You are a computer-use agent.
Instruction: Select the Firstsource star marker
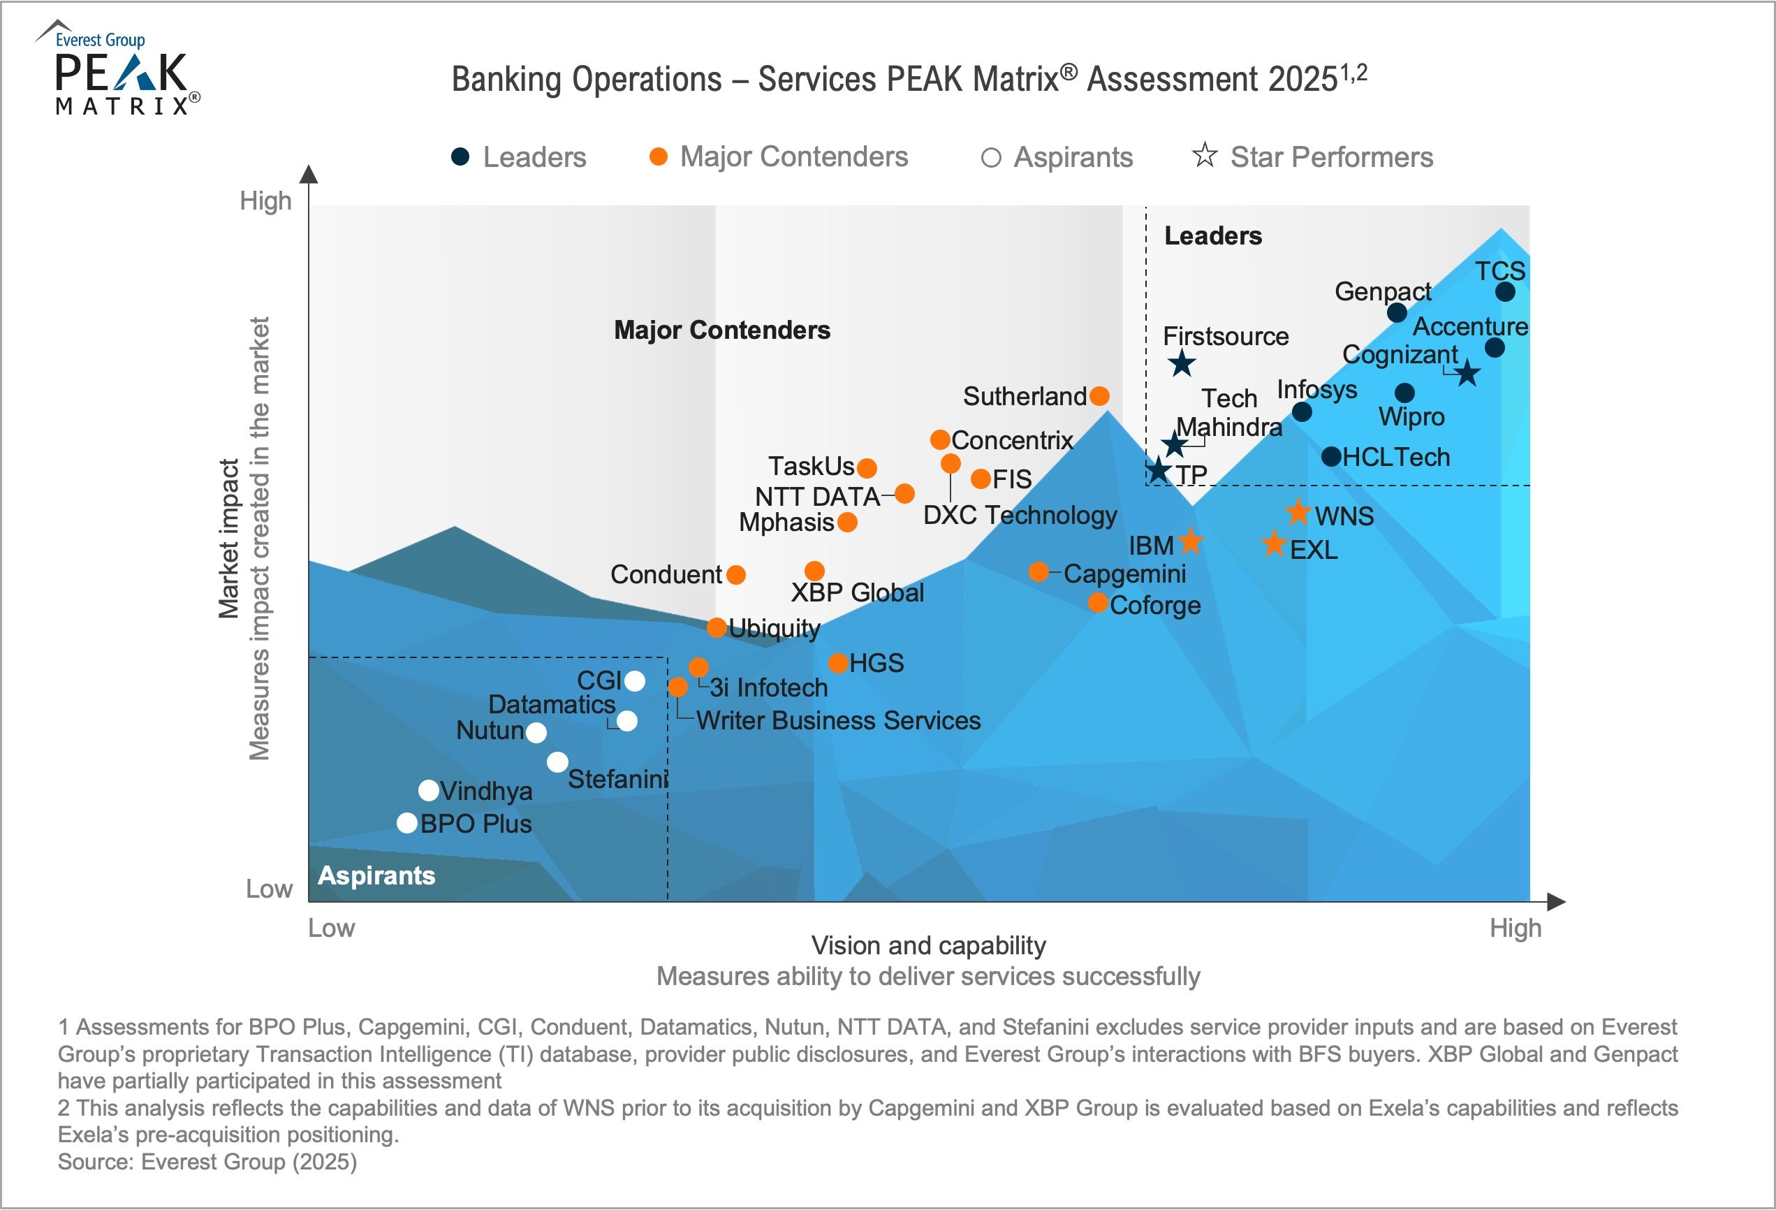coord(1182,363)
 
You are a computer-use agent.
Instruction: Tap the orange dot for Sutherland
coord(1099,396)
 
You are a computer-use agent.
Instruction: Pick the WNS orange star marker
coord(1298,512)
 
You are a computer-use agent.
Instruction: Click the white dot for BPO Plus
coord(407,823)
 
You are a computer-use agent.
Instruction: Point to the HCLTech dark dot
coord(1331,456)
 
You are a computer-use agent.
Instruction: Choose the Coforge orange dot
coord(1097,603)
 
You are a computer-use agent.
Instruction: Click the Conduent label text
coord(666,574)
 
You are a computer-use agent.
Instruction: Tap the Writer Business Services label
coord(838,720)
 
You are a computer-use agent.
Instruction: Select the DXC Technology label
coord(1020,514)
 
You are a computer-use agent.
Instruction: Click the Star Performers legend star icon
coord(1205,155)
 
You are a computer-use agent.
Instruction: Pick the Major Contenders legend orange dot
coord(658,156)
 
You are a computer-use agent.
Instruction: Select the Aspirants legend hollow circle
coord(990,157)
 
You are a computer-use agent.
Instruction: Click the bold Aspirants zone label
coord(376,875)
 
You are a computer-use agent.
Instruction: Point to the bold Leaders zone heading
coord(1213,235)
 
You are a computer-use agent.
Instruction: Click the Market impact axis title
coord(228,538)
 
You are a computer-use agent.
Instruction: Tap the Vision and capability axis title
coord(928,945)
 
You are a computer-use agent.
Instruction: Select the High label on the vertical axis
coord(265,201)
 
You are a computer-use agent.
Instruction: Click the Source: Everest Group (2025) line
coord(207,1162)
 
